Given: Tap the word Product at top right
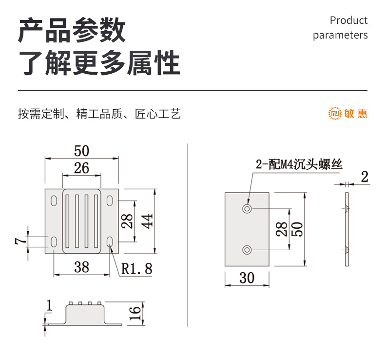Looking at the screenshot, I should pyautogui.click(x=348, y=20).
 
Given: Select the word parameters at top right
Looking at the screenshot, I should pyautogui.click(x=340, y=35).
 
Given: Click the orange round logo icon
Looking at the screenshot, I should pyautogui.click(x=335, y=114).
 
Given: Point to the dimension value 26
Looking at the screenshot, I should pyautogui.click(x=81, y=168).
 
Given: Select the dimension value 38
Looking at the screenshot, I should pyautogui.click(x=81, y=267).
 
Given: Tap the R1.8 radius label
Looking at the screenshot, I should pyautogui.click(x=136, y=268).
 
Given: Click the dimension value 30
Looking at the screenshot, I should pyautogui.click(x=247, y=278).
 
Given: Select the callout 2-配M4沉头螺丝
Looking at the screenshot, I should pyautogui.click(x=299, y=165).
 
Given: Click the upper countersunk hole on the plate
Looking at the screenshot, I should pyautogui.click(x=248, y=209).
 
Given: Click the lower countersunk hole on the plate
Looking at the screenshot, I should pyautogui.click(x=248, y=250).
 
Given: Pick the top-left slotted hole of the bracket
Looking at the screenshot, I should pyautogui.click(x=53, y=200).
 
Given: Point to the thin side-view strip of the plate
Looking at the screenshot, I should pyautogui.click(x=347, y=229).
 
